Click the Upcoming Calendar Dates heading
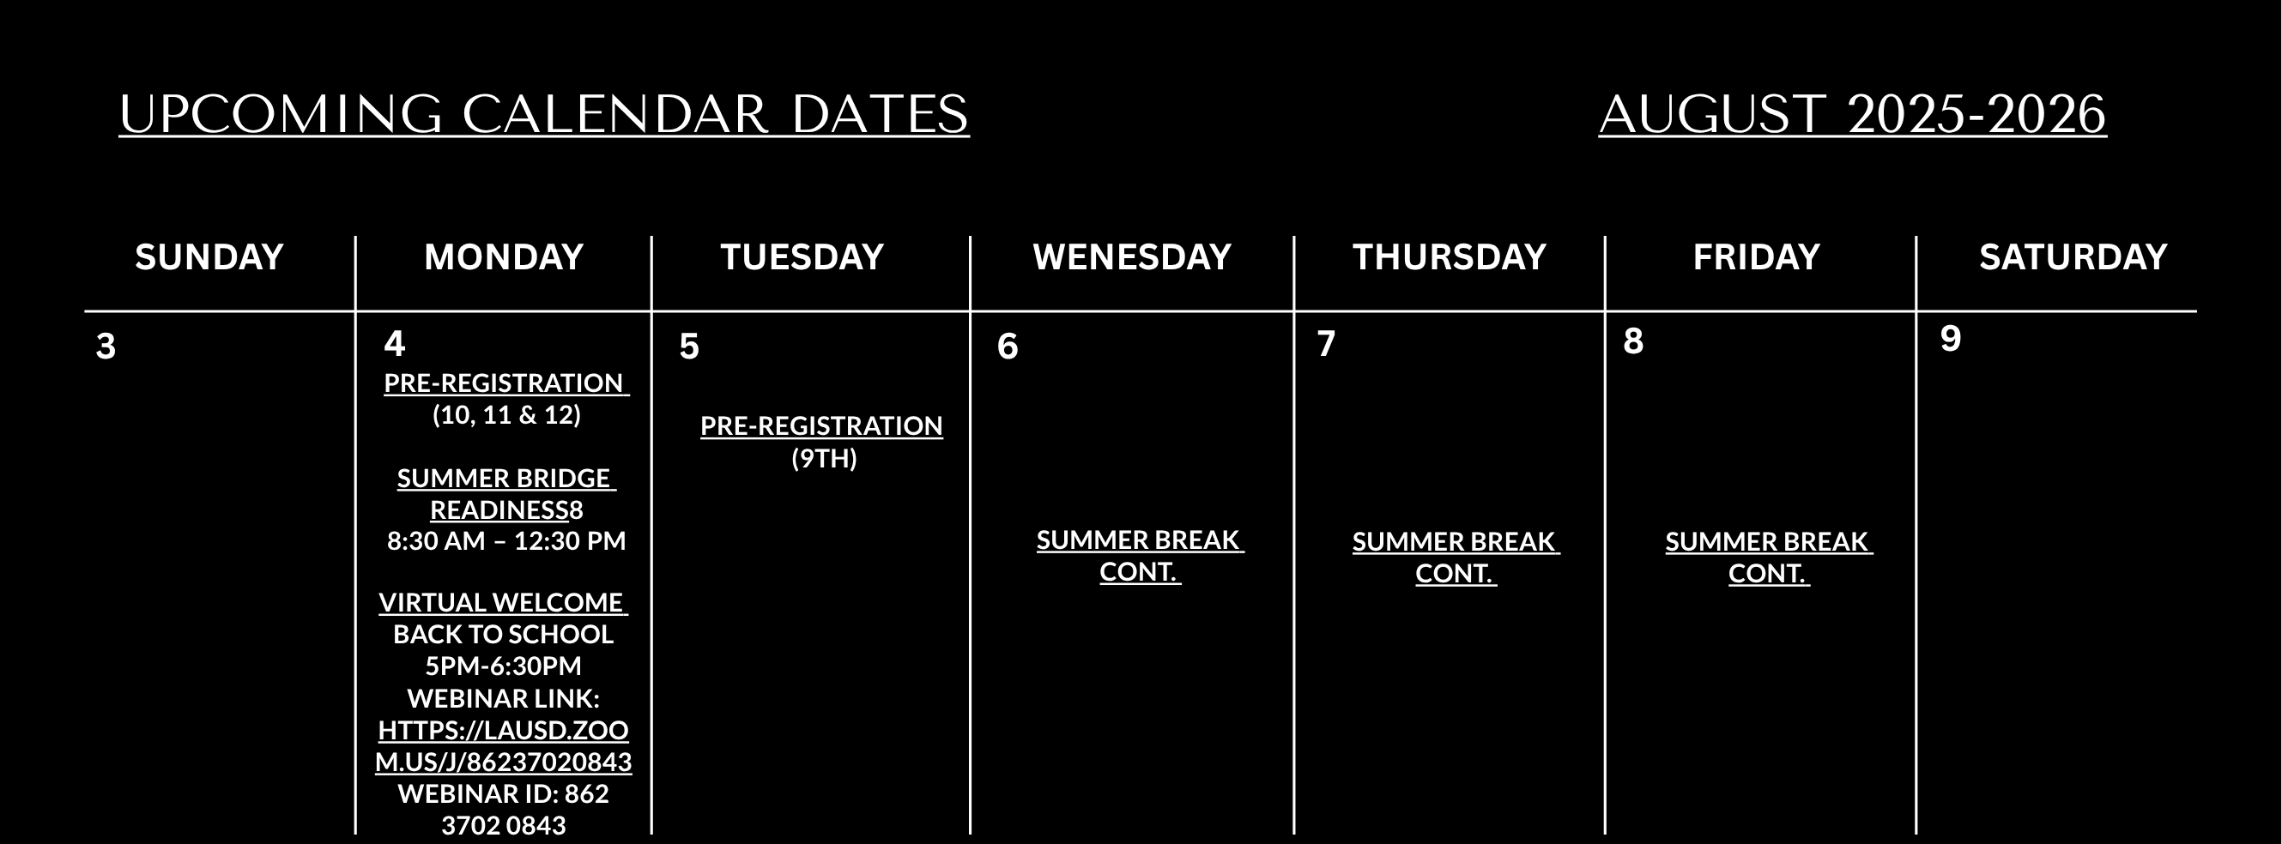tap(544, 114)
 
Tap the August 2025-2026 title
tap(1852, 114)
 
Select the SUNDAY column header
tap(209, 256)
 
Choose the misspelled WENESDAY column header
tap(1132, 256)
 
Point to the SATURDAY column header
tap(2073, 256)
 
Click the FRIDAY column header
tap(1757, 256)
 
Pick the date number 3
tap(106, 347)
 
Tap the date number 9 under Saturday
tap(1951, 338)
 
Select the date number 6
tap(1008, 347)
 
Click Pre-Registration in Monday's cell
tap(505, 383)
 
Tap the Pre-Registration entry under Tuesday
tap(821, 425)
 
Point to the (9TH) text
tap(824, 458)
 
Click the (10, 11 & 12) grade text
tap(506, 414)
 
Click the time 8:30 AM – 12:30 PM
tap(506, 540)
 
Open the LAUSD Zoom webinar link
tap(503, 745)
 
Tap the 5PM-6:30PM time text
tap(503, 665)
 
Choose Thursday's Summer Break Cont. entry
tap(1456, 557)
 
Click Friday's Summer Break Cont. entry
tap(1769, 557)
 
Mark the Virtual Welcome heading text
tap(503, 602)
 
